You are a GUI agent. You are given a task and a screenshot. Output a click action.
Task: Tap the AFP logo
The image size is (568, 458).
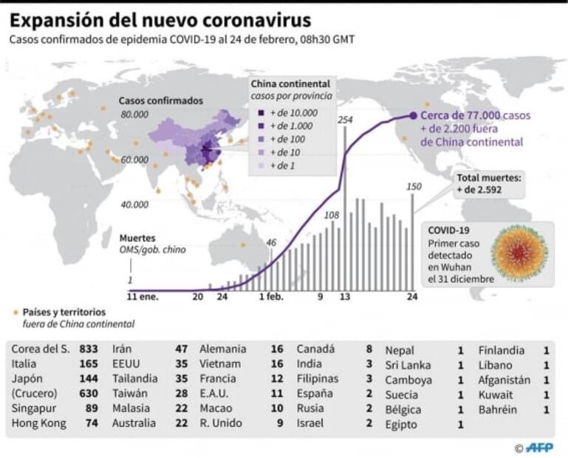point(540,448)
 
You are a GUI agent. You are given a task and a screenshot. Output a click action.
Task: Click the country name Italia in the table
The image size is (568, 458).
point(26,364)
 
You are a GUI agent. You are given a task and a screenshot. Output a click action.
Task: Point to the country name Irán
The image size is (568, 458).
point(123,349)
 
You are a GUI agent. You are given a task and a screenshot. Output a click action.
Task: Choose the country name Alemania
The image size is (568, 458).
point(223,349)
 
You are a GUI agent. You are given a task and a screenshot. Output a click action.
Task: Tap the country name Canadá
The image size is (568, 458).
point(315,349)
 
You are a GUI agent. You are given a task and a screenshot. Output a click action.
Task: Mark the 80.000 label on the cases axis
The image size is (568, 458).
point(134,115)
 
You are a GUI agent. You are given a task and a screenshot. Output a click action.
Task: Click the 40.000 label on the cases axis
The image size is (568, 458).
point(134,204)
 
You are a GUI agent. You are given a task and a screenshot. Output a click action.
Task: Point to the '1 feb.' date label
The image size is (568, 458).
point(271,297)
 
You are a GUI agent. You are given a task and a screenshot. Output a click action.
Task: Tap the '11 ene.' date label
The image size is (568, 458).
point(142,297)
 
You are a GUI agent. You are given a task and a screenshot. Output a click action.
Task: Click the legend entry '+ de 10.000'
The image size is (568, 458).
point(293,113)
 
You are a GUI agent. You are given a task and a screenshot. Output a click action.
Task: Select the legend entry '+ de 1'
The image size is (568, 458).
point(284,165)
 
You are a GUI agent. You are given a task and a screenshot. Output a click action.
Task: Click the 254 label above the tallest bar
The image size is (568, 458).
point(344,120)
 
